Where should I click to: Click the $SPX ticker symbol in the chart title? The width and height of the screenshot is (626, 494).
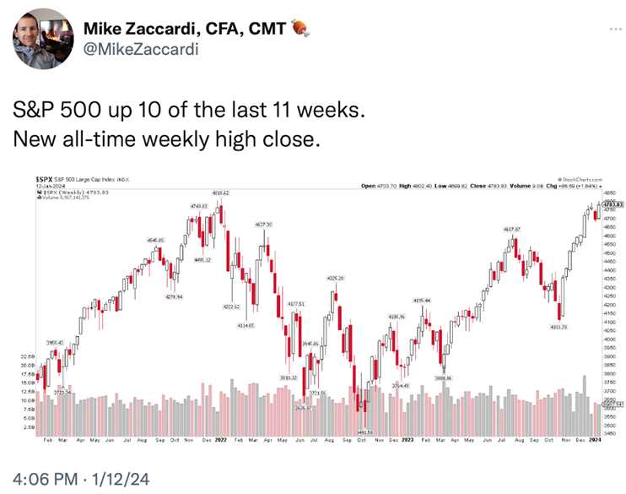coord(44,179)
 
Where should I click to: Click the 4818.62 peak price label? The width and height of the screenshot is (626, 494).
coord(220,193)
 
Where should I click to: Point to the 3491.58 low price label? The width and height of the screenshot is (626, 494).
coord(364,432)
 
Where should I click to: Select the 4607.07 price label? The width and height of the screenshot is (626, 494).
coord(513,230)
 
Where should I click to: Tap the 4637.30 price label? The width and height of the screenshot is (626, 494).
coord(263,225)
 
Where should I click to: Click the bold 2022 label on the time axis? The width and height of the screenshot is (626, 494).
coord(220,440)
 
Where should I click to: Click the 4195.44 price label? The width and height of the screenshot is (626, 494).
coord(422,300)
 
